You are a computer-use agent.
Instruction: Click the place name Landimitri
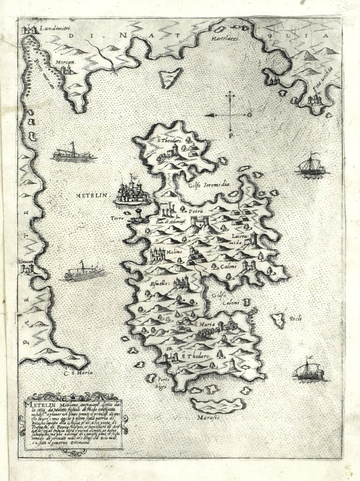[55, 27]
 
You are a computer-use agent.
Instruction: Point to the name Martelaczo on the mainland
[226, 39]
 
